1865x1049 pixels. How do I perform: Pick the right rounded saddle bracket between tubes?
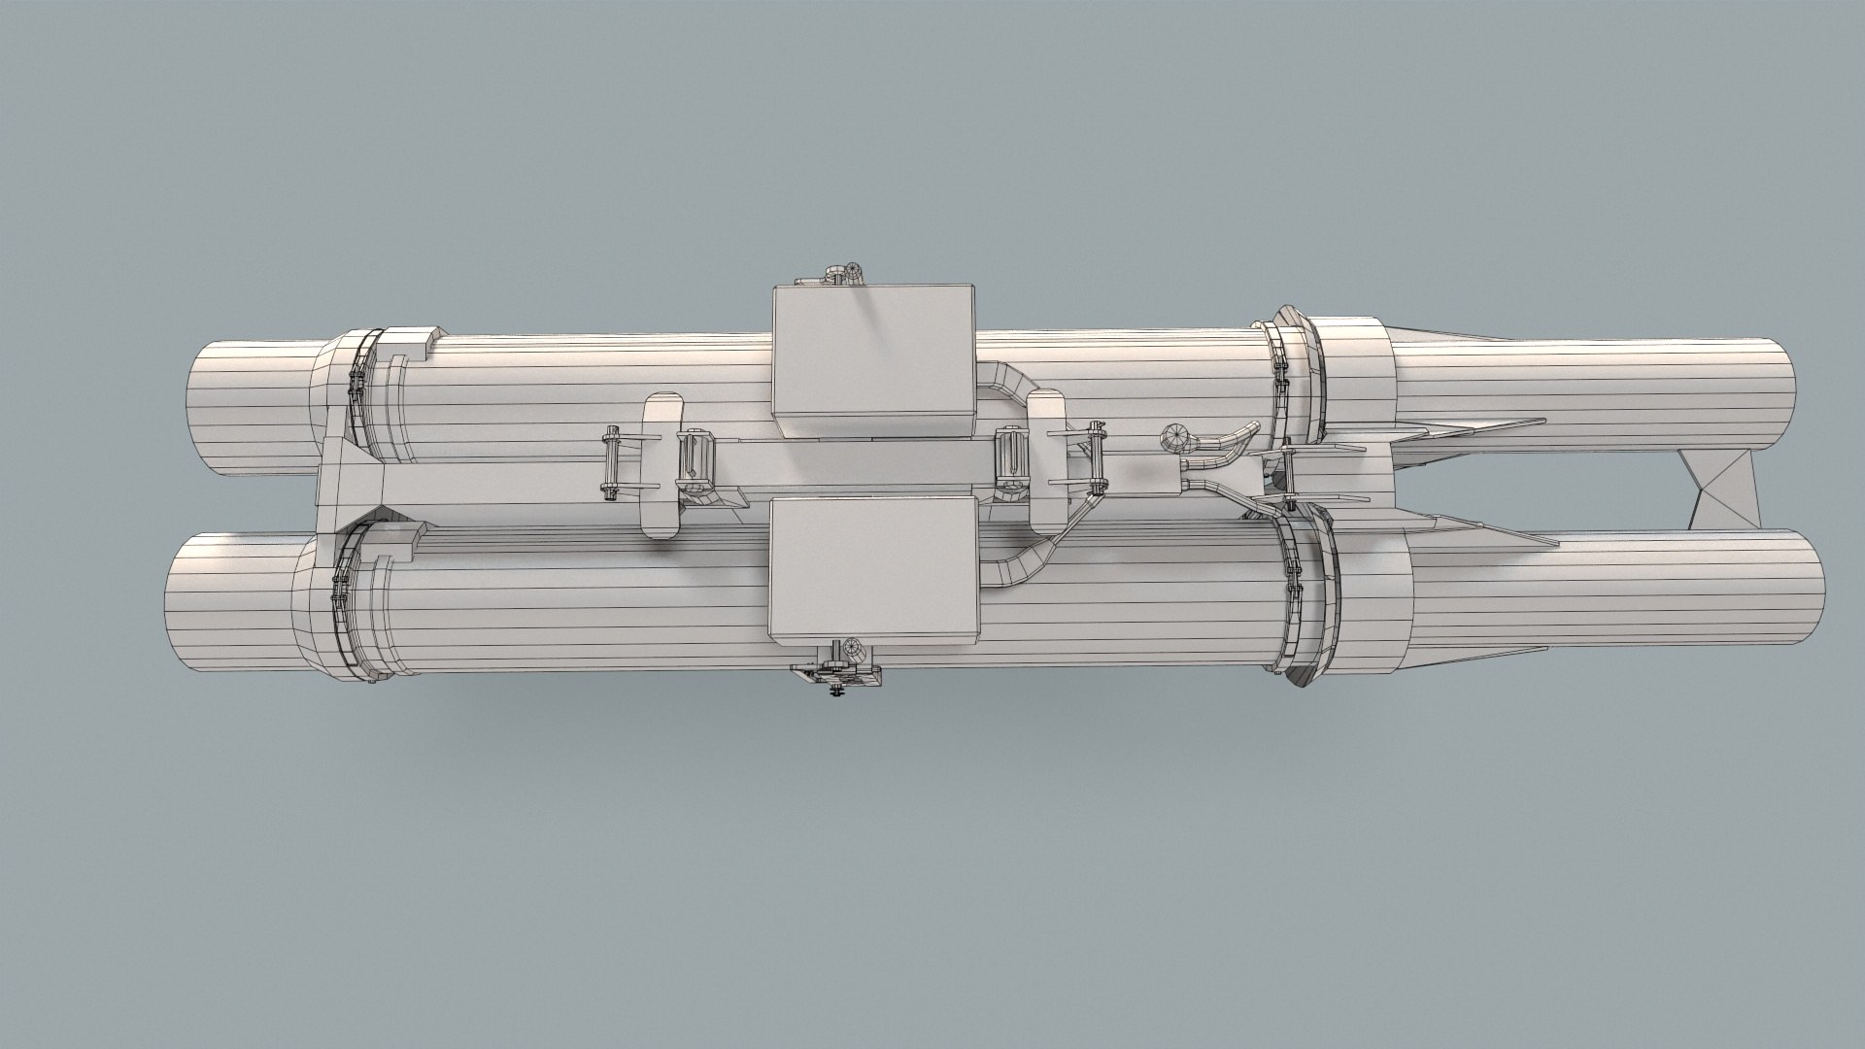[1047, 432]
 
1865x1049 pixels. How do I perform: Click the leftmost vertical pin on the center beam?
[610, 464]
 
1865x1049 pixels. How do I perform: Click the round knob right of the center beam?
[1176, 438]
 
